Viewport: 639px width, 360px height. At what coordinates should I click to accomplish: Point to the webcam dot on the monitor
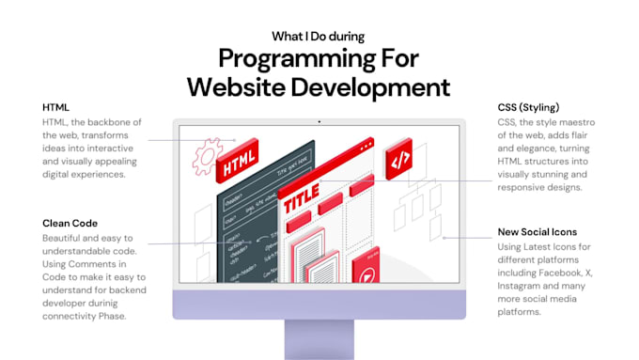pos(319,120)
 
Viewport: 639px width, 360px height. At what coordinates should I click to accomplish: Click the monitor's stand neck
pos(319,339)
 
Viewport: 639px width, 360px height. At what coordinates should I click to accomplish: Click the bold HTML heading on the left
pos(55,108)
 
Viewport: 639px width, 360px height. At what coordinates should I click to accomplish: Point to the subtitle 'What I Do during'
pos(319,37)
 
